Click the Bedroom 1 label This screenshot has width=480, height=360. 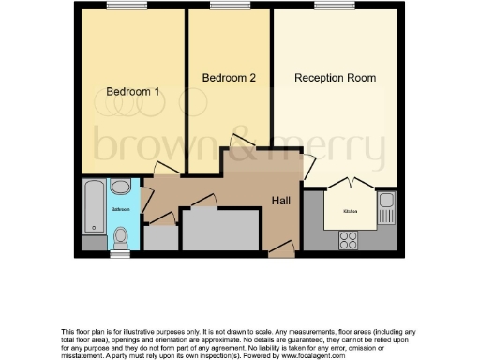132,92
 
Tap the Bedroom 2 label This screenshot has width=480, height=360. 229,78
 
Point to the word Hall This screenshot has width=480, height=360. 282,201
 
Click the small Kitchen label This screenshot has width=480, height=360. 350,213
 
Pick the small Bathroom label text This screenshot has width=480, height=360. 121,209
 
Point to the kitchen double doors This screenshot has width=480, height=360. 349,182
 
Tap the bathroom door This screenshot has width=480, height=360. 145,200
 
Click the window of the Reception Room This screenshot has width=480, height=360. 326,7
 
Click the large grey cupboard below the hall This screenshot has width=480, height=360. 219,230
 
